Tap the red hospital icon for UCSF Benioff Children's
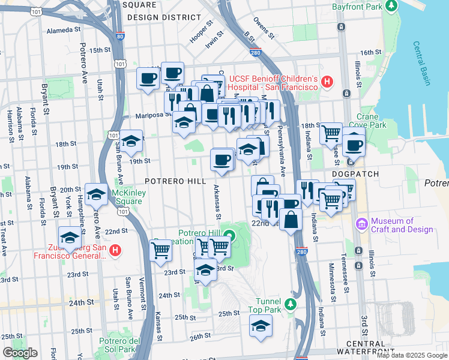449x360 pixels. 327,82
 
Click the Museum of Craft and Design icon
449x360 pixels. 363,224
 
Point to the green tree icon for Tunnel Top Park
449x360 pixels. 291,304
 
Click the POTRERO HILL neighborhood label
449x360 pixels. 171,180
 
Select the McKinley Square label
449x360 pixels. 127,197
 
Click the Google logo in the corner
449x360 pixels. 20,353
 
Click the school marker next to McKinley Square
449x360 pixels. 97,193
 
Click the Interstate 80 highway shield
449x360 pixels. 120,37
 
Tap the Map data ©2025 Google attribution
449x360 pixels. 411,355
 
